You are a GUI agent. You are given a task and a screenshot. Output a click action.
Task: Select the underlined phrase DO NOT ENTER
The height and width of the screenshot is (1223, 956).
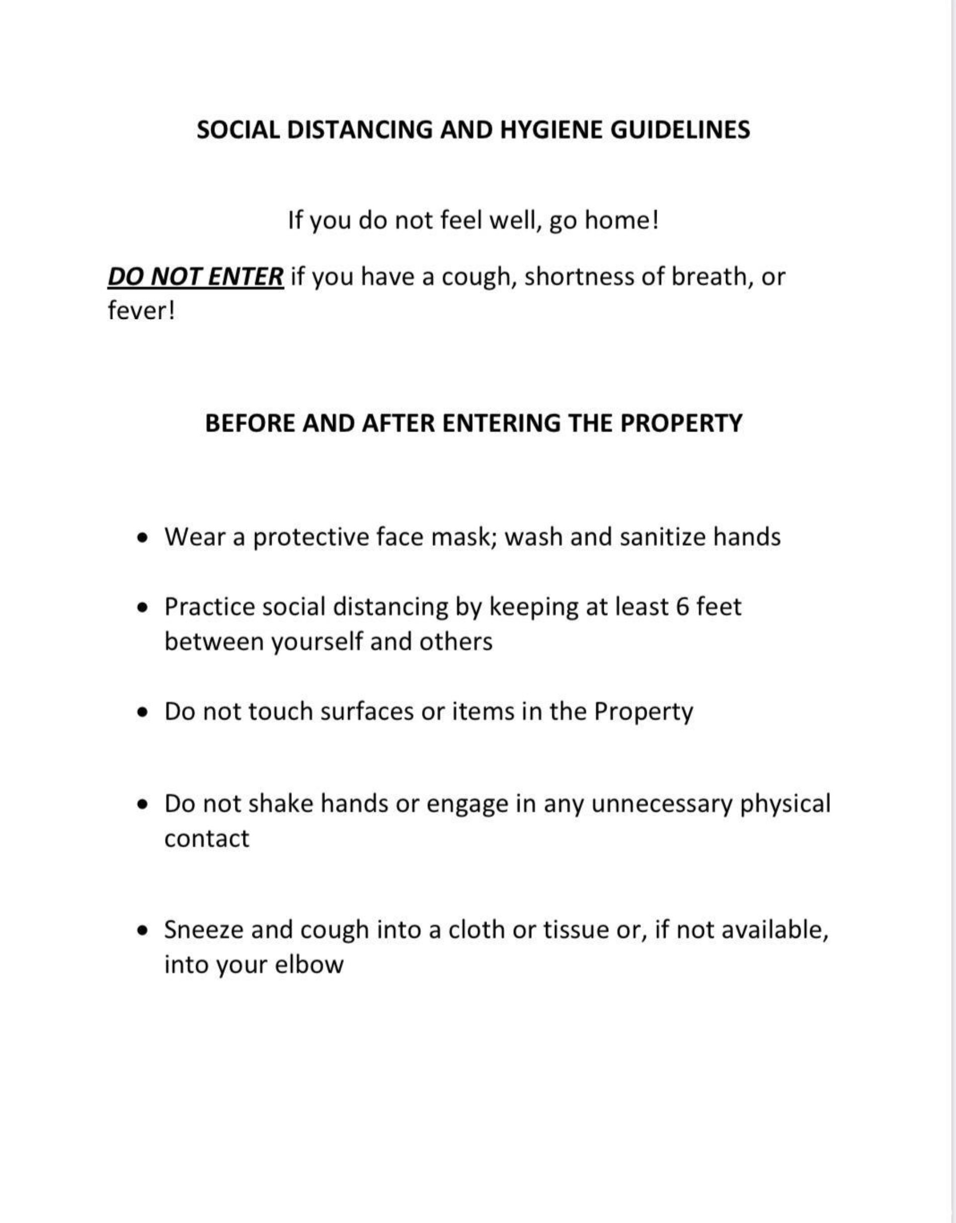point(195,277)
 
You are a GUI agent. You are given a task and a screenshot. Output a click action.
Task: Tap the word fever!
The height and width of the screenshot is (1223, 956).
point(141,311)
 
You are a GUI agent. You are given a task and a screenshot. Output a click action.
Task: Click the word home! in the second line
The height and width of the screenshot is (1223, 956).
point(622,220)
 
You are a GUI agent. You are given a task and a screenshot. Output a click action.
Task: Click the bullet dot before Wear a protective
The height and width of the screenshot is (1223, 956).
point(144,538)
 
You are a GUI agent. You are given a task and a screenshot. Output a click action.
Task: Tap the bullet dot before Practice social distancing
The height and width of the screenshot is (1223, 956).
point(144,607)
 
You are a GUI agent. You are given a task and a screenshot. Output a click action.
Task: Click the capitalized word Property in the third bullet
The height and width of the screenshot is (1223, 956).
point(644,712)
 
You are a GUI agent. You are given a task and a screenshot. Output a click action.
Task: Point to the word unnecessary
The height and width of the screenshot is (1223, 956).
point(662,804)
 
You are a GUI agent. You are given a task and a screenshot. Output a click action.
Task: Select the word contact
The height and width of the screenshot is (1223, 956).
point(207,839)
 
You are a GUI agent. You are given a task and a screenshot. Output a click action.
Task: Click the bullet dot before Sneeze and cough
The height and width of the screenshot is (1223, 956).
point(144,930)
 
